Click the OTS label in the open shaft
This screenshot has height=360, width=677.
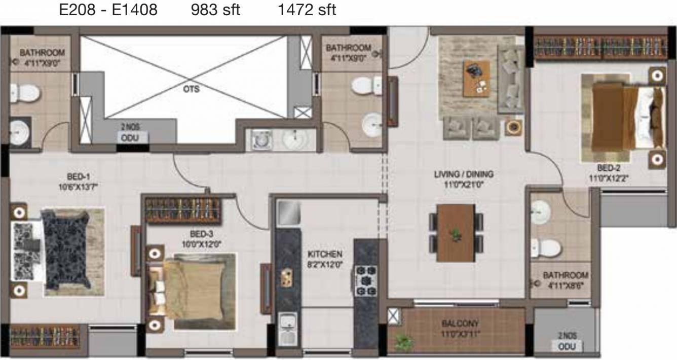[x=192, y=89]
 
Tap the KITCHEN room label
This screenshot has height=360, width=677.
[x=325, y=254]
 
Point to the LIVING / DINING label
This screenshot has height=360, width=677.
[x=463, y=174]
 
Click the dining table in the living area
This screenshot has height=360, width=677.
[x=456, y=233]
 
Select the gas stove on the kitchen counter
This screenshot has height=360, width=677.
[x=365, y=280]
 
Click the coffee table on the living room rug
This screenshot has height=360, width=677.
[x=476, y=78]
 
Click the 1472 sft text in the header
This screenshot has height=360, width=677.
[x=307, y=10]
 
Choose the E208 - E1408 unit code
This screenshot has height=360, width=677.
[x=108, y=10]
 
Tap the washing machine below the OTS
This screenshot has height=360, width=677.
[x=261, y=139]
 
